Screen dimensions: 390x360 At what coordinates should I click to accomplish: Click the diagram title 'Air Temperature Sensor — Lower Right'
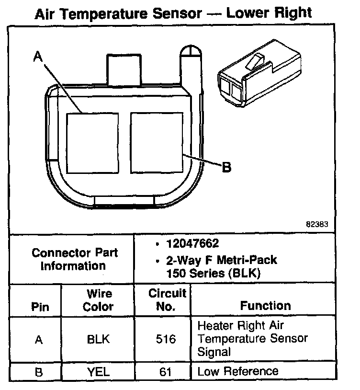point(173,13)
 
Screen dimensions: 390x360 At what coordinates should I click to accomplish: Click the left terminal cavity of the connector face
point(92,143)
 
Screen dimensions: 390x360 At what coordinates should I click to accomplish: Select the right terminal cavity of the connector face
point(157,143)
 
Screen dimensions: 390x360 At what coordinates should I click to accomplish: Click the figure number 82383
point(317,224)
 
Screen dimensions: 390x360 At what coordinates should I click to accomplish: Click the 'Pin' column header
point(40,307)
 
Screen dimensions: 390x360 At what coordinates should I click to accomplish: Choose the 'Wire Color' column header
point(98,300)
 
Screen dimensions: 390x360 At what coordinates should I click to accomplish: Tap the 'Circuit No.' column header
point(166,300)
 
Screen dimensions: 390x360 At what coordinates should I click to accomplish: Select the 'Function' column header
point(265,306)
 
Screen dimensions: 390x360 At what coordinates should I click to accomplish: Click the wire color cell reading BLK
point(98,339)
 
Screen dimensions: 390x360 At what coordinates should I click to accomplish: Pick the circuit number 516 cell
point(166,339)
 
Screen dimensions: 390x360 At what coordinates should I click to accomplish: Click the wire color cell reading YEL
point(98,371)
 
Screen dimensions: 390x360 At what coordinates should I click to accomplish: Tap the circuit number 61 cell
point(166,371)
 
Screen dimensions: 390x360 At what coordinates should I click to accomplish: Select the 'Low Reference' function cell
point(238,371)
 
